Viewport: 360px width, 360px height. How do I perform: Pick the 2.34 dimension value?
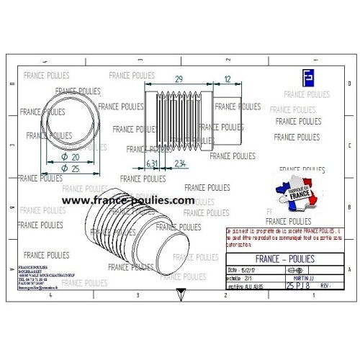coord(181,163)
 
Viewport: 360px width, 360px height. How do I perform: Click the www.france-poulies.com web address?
coord(128,201)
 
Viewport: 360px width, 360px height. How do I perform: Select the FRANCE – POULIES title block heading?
coord(285,258)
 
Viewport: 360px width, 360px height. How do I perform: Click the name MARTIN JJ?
coord(303,277)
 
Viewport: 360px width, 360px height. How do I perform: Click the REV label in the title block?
coord(325,286)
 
